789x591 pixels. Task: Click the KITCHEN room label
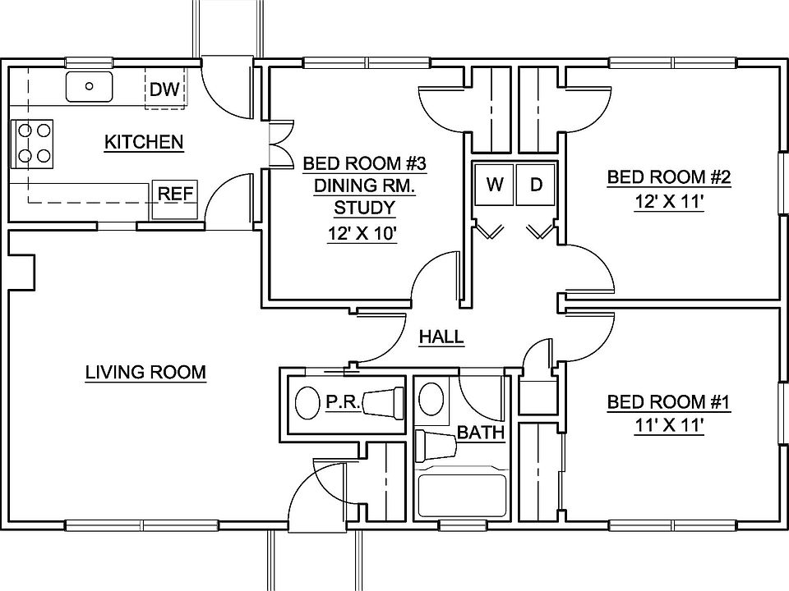(x=144, y=142)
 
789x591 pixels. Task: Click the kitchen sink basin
(x=89, y=85)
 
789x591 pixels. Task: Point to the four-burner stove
(x=33, y=141)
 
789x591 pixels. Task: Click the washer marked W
(x=494, y=185)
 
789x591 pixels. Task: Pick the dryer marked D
(x=536, y=185)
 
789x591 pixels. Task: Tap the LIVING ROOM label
(x=145, y=372)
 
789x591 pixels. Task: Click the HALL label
(x=441, y=336)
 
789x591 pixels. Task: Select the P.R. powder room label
(x=339, y=402)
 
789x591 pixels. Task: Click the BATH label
(x=480, y=432)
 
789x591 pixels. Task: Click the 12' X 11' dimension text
(x=668, y=202)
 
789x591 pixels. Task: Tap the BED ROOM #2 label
(x=668, y=176)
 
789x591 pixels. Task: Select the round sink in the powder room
(x=307, y=402)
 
